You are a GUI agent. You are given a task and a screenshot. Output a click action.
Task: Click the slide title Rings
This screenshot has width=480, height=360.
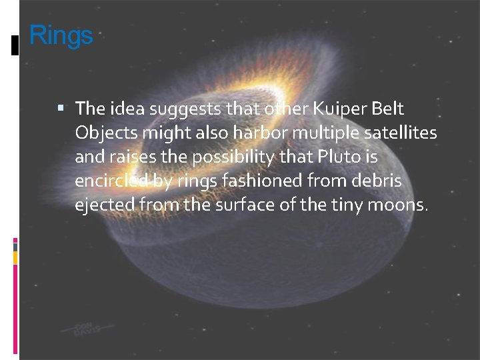(x=61, y=35)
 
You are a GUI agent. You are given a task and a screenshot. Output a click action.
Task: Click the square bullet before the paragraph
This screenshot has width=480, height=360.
(x=61, y=107)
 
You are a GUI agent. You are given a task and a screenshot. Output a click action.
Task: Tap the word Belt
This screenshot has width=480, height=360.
(x=388, y=108)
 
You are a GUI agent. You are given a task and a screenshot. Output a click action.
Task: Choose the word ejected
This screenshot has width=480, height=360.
(x=105, y=205)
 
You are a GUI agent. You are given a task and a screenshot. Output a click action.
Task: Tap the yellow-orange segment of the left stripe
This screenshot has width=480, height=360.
(x=16, y=257)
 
